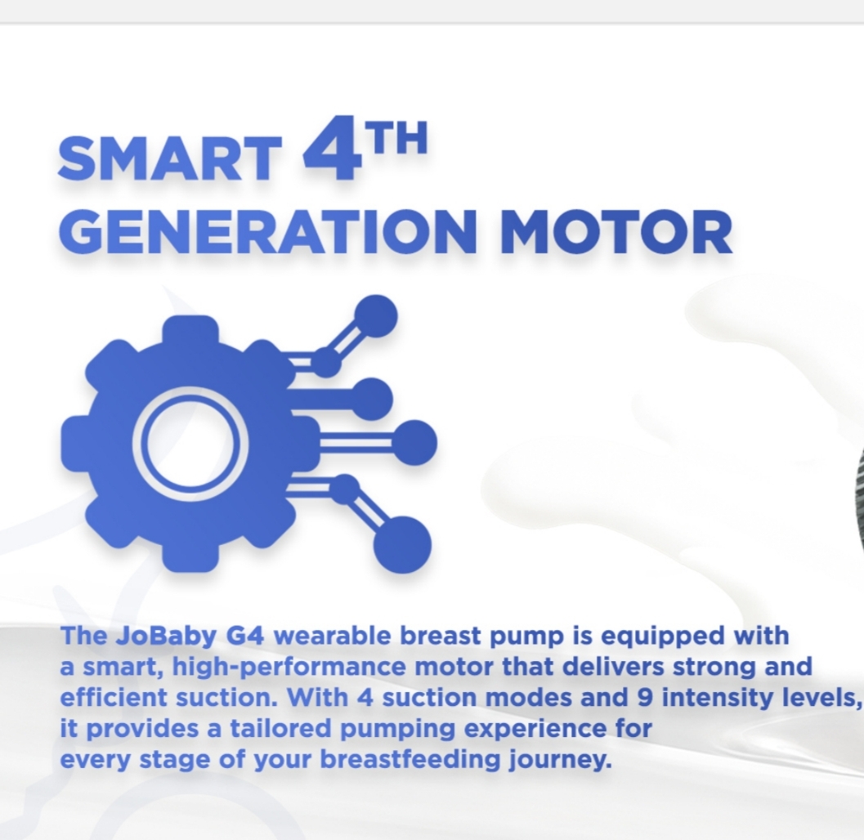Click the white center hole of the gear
pos(190,444)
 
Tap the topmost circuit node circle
pos(376,315)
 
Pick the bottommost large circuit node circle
pos(402,545)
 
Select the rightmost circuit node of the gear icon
pos(415,442)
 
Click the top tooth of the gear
pos(190,329)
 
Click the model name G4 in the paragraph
pos(245,637)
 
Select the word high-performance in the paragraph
pos(289,668)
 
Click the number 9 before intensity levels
pos(645,698)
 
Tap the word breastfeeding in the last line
pos(410,761)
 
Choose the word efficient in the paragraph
pos(114,698)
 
